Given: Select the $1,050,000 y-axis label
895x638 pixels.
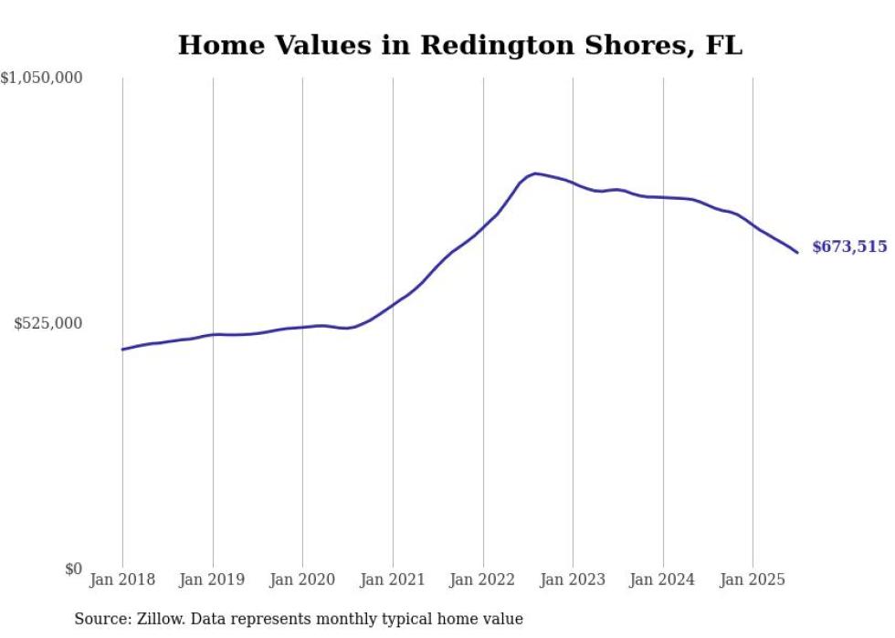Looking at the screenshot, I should [x=41, y=78].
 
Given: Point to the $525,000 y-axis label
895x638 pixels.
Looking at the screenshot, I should [x=48, y=323].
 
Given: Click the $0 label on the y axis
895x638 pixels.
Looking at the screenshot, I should [x=73, y=569].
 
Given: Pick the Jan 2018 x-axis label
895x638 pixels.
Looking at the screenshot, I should [x=122, y=580].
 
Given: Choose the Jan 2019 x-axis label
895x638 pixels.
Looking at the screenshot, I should [x=213, y=580].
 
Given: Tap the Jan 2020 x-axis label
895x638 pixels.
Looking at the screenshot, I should [x=302, y=580].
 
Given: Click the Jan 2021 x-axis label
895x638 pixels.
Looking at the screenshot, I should [x=393, y=580].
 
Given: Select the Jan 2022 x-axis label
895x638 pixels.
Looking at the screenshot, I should [x=482, y=580].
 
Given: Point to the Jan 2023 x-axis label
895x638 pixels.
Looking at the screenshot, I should [x=573, y=580].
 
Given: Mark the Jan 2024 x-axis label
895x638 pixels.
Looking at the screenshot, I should [x=663, y=580].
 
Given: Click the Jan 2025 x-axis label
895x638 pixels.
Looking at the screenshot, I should [x=753, y=580].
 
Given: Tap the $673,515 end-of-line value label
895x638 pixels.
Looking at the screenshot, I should [x=849, y=246].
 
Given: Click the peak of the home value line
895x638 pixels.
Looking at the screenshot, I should [x=535, y=173].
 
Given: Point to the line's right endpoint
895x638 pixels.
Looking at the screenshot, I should [x=797, y=253].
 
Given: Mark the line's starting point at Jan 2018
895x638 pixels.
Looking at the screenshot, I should [x=122, y=350].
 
